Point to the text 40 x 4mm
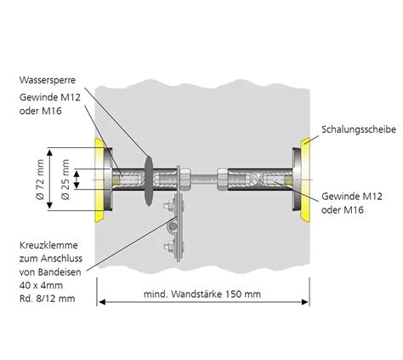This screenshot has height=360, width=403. click(x=40, y=285)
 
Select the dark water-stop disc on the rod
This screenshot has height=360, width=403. click(x=149, y=180)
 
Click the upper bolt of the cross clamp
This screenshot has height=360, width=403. click(x=176, y=204)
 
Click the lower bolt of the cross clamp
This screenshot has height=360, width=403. click(x=176, y=248)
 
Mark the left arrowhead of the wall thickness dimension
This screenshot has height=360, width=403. click(x=100, y=301)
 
